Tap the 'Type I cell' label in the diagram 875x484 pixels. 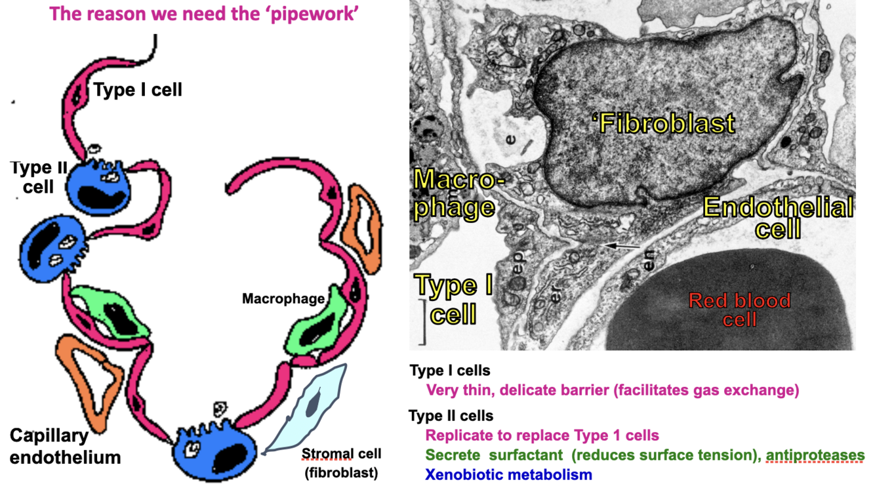pyautogui.click(x=138, y=89)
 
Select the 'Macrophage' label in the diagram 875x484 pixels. pyautogui.click(x=283, y=299)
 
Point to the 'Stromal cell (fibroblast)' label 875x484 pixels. pyautogui.click(x=341, y=462)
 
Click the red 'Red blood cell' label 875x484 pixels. pyautogui.click(x=739, y=310)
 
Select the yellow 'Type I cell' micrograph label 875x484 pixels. pyautogui.click(x=455, y=300)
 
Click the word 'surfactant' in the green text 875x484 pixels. pyautogui.click(x=528, y=455)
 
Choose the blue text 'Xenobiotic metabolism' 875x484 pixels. pyautogui.click(x=508, y=474)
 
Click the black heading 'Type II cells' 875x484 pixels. pyautogui.click(x=451, y=416)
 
